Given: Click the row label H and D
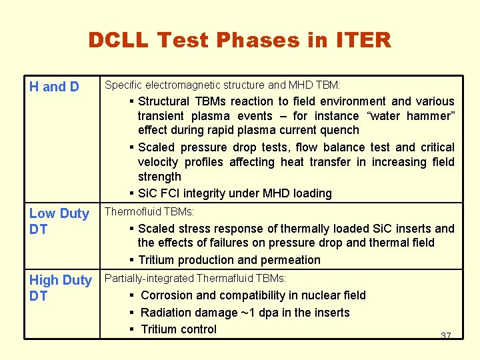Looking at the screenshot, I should point(54,87).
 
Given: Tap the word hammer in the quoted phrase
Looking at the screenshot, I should point(431,116).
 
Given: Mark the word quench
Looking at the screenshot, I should point(341,131).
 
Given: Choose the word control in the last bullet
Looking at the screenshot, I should point(197,329).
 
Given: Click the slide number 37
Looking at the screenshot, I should point(445,335).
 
